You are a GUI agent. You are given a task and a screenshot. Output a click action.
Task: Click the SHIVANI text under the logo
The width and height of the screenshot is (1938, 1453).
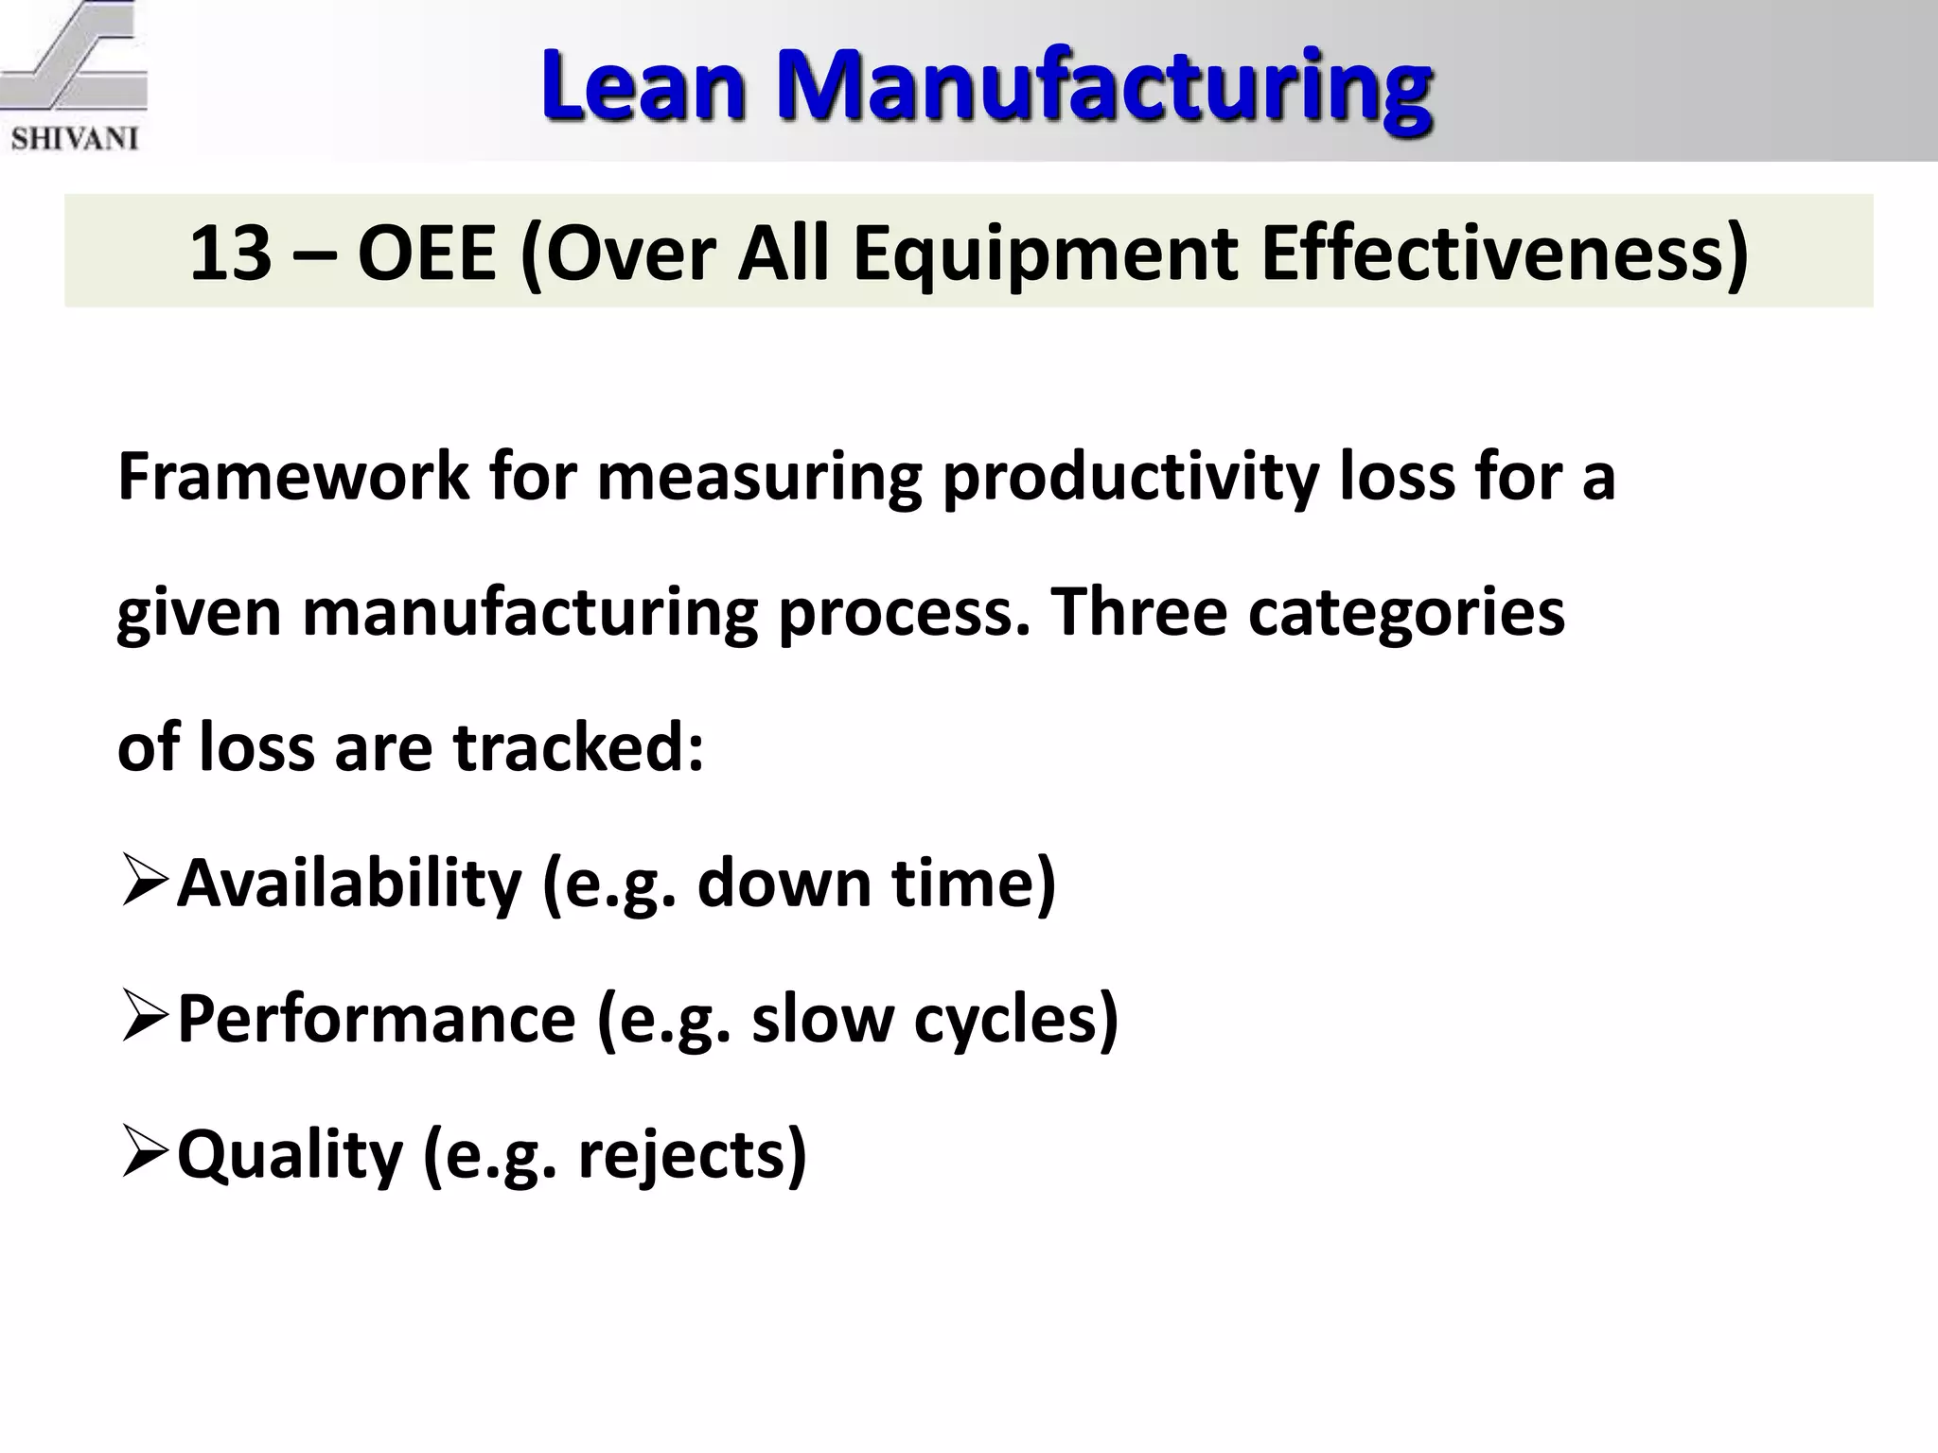point(74,138)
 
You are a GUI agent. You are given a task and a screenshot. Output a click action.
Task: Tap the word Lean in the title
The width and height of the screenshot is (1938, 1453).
point(643,87)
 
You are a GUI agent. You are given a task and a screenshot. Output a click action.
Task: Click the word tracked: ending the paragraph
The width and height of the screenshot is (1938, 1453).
point(578,746)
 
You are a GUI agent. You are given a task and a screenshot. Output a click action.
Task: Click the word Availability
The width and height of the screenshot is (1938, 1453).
point(348,882)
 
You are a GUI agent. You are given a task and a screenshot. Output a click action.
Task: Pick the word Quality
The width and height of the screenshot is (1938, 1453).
point(290,1154)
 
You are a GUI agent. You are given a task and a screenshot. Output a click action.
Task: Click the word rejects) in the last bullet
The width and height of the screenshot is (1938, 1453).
point(692,1154)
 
